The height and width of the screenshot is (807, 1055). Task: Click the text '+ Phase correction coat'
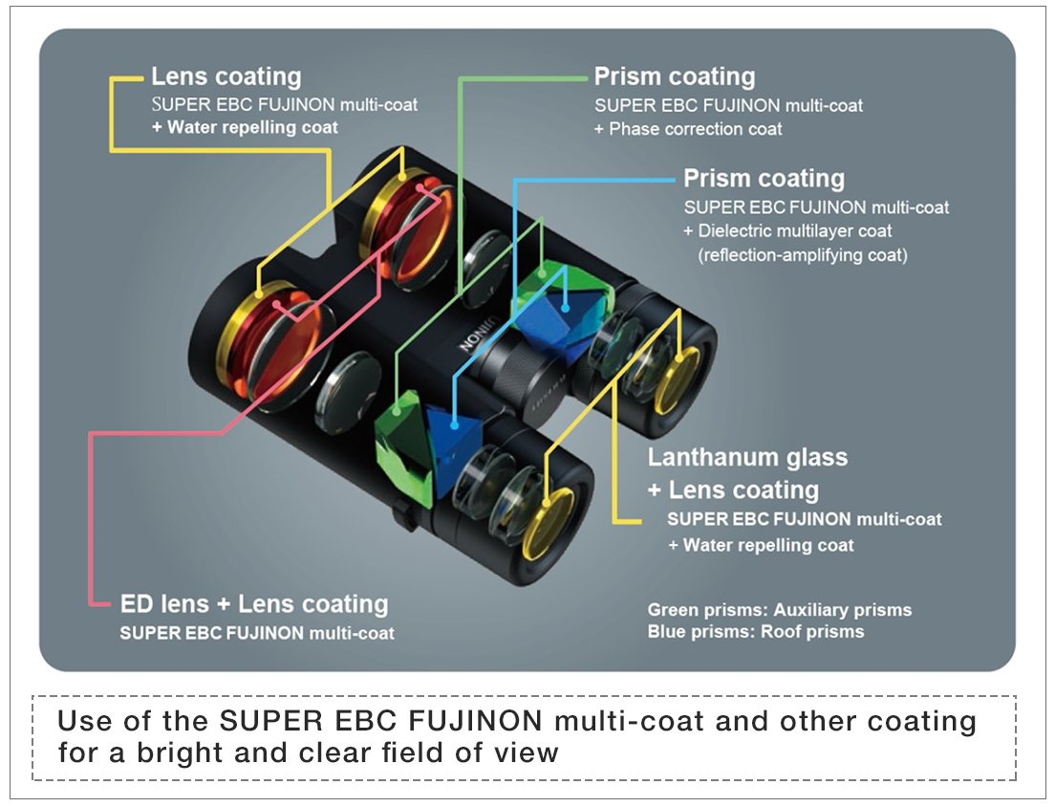click(688, 129)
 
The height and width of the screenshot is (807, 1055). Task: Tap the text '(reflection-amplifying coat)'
click(802, 255)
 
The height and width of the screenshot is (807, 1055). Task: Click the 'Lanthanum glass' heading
click(747, 457)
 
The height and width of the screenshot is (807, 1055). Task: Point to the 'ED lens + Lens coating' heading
click(254, 604)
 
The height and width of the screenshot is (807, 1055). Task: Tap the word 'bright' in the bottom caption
click(172, 752)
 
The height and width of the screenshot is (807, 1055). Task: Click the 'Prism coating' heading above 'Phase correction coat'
click(674, 76)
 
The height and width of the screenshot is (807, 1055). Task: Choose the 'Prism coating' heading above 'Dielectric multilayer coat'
click(764, 179)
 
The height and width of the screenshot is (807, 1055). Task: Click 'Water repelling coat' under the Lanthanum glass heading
click(768, 545)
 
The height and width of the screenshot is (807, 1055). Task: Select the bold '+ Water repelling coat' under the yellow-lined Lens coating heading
click(245, 127)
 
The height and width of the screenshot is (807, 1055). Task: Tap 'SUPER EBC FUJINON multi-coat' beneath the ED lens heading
click(257, 633)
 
